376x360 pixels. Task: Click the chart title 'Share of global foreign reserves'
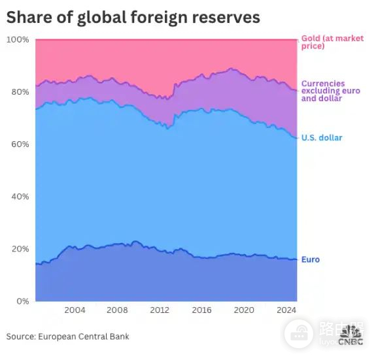(x=133, y=18)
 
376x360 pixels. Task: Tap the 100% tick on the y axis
(x=18, y=40)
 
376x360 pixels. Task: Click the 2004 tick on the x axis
(x=75, y=310)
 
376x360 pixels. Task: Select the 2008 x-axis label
(x=117, y=310)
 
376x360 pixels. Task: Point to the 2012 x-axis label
(x=159, y=310)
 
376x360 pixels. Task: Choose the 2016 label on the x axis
(x=201, y=310)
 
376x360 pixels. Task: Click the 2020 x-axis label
(x=244, y=310)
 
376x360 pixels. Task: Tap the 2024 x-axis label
(x=286, y=310)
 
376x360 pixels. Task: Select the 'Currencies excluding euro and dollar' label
(x=331, y=91)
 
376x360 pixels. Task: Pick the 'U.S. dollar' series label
(x=322, y=138)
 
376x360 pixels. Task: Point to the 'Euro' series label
(x=311, y=259)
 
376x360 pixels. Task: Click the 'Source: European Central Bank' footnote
(x=68, y=336)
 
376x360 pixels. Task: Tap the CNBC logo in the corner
(x=350, y=335)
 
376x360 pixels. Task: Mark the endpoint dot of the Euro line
(x=297, y=259)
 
